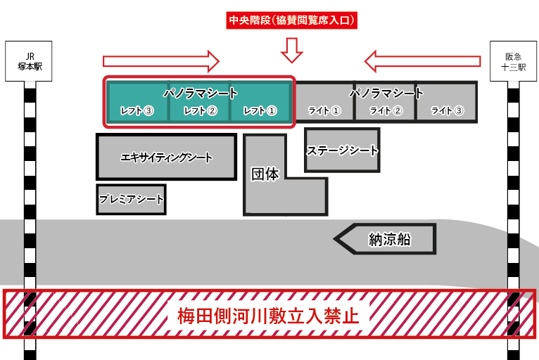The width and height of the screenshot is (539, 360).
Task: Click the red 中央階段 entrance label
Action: click(x=291, y=21)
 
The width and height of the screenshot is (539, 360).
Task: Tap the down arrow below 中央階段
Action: click(x=291, y=50)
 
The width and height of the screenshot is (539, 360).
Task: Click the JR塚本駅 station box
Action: click(x=30, y=62)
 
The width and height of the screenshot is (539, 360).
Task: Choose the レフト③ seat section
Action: click(x=137, y=110)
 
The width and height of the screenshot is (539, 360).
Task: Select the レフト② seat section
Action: click(x=200, y=110)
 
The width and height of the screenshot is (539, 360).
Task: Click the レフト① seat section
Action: click(x=261, y=110)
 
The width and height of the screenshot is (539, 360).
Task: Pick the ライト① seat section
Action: click(x=324, y=110)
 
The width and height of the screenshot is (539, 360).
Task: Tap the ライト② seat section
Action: click(x=386, y=110)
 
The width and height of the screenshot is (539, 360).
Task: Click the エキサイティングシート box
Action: click(x=167, y=157)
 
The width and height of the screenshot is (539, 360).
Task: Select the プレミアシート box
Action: click(x=132, y=200)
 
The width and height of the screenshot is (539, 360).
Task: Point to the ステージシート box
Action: click(x=342, y=150)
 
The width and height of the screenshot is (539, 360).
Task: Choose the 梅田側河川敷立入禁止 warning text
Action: click(x=269, y=314)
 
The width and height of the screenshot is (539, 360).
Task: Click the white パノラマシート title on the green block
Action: click(x=201, y=93)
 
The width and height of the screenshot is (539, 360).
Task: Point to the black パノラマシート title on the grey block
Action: click(x=386, y=93)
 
